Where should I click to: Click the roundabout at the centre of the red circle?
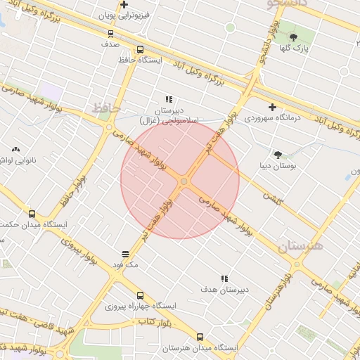click(x=184, y=182)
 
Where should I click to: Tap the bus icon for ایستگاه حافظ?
click(x=140, y=50)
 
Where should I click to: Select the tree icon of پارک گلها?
click(x=293, y=37)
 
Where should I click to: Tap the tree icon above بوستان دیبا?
click(x=278, y=155)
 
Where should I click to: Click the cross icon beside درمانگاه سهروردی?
click(x=272, y=107)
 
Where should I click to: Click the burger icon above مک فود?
click(x=126, y=254)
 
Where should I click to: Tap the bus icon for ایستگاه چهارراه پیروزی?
click(x=140, y=296)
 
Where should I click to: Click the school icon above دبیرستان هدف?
click(x=225, y=279)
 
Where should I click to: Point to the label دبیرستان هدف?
click(x=225, y=290)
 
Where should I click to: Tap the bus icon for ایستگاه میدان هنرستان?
click(x=200, y=337)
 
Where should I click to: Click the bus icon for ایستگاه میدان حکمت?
click(x=32, y=214)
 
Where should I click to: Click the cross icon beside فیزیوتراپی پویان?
click(x=124, y=5)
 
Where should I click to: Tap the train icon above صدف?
click(x=110, y=33)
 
